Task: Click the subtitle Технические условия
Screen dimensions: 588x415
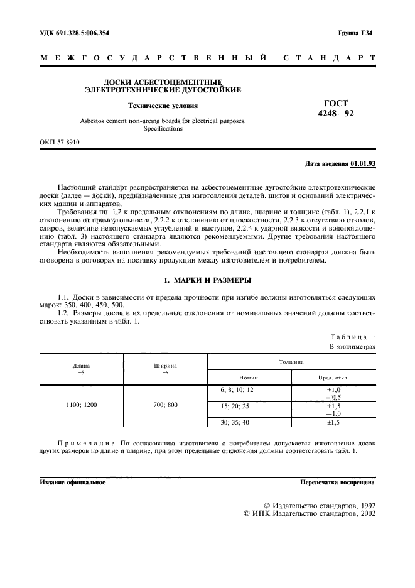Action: point(163,106)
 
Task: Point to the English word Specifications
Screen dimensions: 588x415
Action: point(163,128)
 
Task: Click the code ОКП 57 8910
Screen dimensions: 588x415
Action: point(60,143)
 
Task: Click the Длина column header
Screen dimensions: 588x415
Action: point(82,365)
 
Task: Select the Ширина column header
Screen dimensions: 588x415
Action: point(165,365)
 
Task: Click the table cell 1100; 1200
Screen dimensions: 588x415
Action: point(82,405)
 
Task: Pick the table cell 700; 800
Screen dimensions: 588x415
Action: point(165,405)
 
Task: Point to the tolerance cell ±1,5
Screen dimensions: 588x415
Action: point(333,422)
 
